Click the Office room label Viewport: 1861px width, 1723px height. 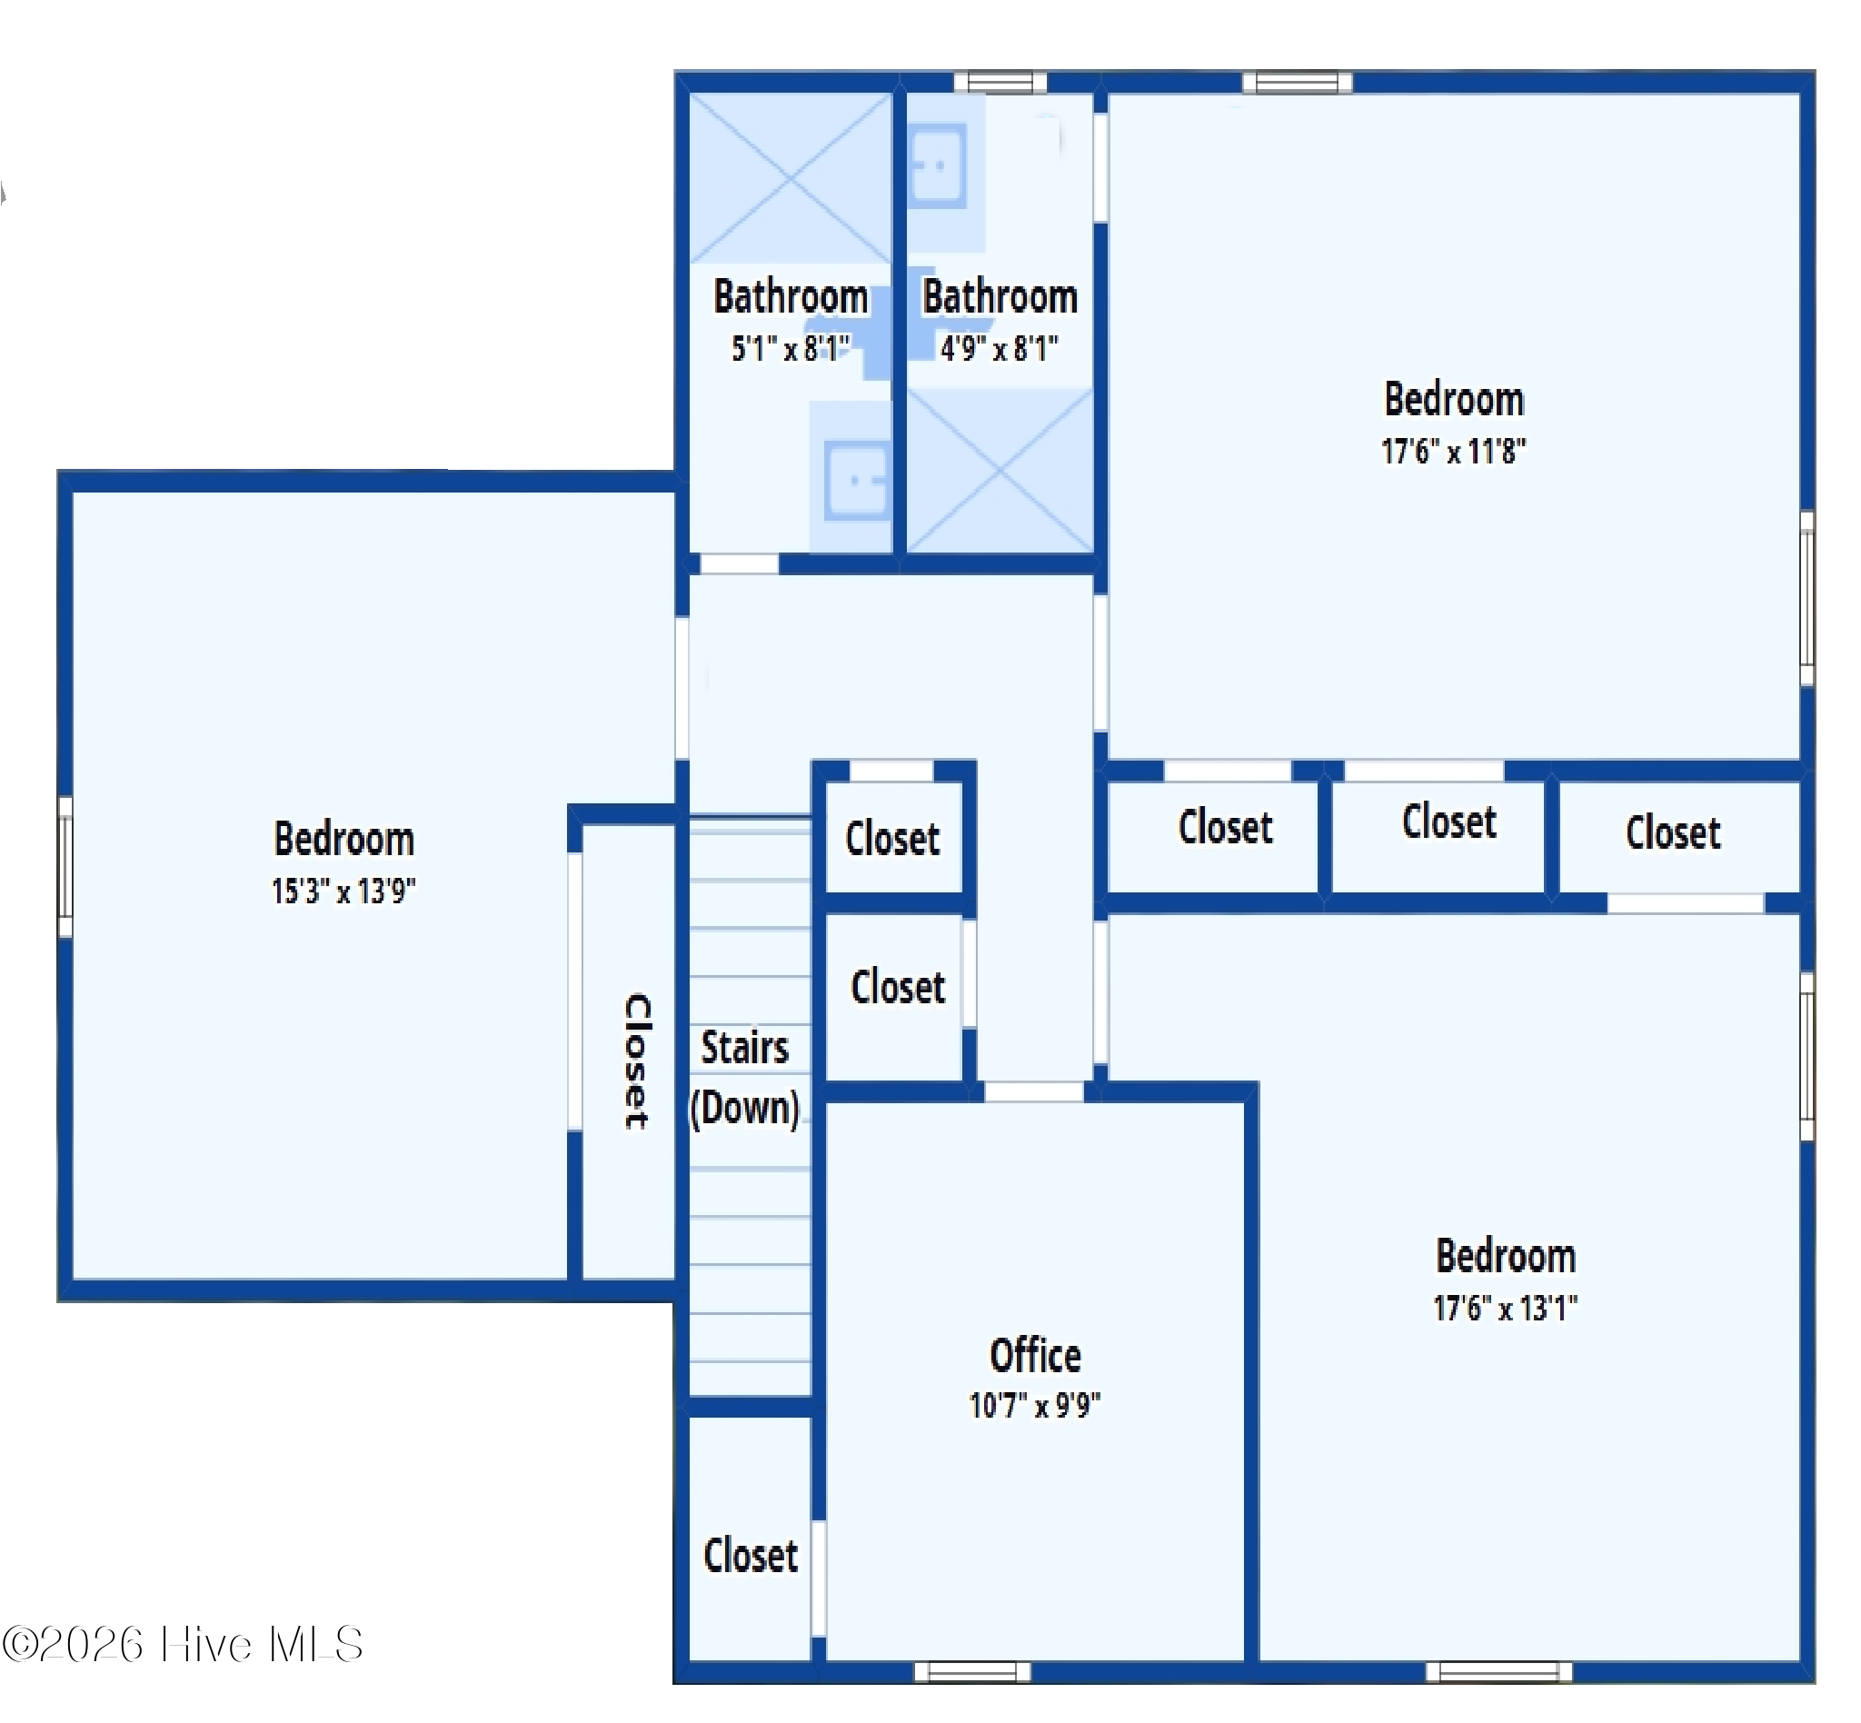point(1034,1356)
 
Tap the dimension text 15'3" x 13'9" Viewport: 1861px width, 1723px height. point(343,891)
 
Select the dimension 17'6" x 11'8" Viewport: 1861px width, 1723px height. point(1453,452)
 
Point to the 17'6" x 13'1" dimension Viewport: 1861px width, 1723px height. point(1505,1308)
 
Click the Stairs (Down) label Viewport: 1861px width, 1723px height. point(745,1078)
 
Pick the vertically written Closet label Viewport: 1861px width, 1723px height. point(637,1061)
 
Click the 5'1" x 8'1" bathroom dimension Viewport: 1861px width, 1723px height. point(790,349)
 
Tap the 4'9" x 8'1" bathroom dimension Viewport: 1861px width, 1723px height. point(999,349)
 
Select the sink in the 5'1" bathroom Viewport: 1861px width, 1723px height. point(856,481)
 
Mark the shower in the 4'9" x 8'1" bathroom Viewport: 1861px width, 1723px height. point(999,472)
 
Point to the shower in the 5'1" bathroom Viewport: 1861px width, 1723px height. point(790,177)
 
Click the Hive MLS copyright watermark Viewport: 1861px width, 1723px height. point(183,1644)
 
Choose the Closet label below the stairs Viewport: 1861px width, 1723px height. point(750,1555)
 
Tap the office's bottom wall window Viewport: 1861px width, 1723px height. point(971,1672)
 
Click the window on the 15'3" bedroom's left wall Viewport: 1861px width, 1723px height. point(65,867)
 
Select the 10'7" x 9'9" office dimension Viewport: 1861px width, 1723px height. point(1034,1405)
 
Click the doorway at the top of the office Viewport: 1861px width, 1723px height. point(1033,1091)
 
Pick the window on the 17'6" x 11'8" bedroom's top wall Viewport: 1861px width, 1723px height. point(1296,83)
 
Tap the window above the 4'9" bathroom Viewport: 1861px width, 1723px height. point(1000,83)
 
